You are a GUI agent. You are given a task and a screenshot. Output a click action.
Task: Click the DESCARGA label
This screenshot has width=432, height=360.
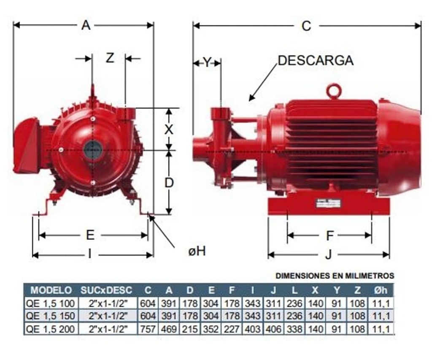tap(315, 60)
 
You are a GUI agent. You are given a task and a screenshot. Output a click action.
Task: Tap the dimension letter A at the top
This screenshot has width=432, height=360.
tap(86, 26)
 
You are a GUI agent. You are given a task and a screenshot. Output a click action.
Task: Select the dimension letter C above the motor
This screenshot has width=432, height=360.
tap(306, 26)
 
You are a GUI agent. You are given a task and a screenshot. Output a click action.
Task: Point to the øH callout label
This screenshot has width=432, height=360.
tap(197, 251)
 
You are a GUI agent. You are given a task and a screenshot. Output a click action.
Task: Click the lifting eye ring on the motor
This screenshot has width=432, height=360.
tap(333, 91)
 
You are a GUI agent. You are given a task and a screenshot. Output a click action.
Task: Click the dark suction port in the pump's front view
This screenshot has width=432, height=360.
tap(92, 149)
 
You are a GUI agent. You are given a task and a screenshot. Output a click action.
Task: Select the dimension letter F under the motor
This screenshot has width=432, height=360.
tap(330, 235)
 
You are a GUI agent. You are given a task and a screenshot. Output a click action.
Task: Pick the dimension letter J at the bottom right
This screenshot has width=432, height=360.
tap(328, 254)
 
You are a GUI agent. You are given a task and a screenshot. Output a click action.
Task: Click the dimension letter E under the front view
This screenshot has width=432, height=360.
tap(90, 235)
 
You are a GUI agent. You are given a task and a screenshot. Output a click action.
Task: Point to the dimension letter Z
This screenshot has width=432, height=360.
tap(110, 58)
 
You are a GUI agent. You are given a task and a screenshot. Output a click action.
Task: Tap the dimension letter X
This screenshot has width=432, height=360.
tap(169, 130)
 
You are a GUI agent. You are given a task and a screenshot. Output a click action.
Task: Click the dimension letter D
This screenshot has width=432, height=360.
tap(169, 183)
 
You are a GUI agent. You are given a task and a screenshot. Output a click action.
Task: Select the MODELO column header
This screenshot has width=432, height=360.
tap(51, 290)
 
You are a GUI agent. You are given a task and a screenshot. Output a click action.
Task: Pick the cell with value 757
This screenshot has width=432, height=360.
tap(148, 329)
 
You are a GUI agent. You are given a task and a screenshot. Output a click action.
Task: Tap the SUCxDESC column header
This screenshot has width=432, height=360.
tap(106, 290)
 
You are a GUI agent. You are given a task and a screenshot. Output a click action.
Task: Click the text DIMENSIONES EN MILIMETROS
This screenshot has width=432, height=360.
tap(335, 276)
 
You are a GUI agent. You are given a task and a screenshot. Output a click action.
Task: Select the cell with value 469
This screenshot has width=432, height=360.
tap(169, 329)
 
